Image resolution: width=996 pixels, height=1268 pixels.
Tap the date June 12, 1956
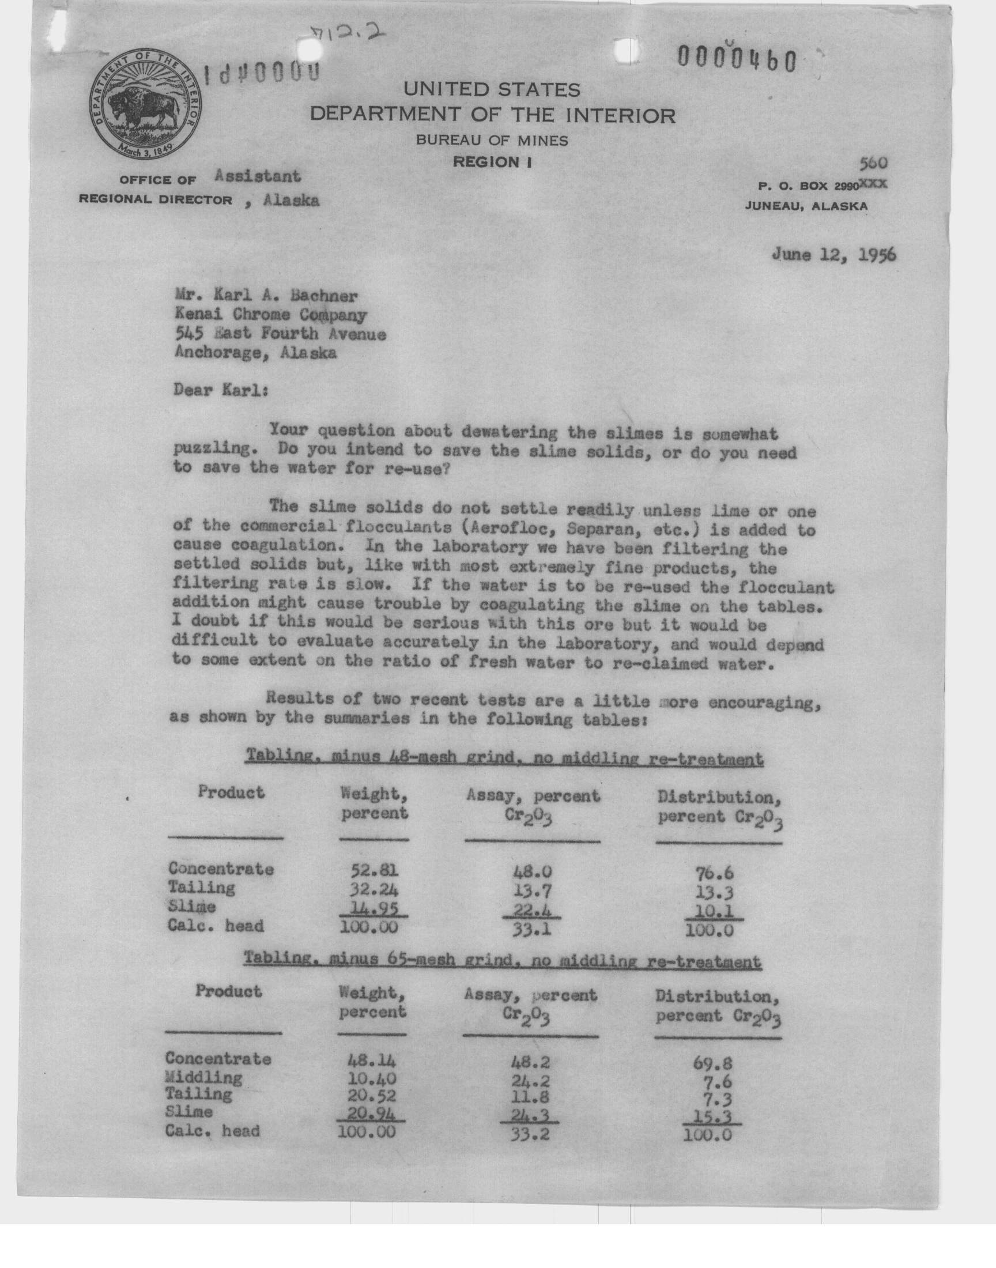coord(833,255)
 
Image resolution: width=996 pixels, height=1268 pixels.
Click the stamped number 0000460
coord(736,59)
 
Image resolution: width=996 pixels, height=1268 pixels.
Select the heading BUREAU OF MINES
coord(492,140)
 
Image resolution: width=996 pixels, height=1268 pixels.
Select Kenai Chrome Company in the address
coord(270,315)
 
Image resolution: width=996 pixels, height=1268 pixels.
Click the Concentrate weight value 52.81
coord(374,870)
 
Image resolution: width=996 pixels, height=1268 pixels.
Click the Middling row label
coord(203,1076)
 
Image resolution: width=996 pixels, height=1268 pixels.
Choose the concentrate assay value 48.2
coord(530,1059)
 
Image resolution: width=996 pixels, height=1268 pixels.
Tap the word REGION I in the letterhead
coord(492,162)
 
